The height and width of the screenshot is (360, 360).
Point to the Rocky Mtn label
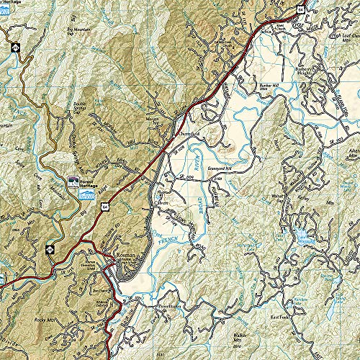click(26, 321)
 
